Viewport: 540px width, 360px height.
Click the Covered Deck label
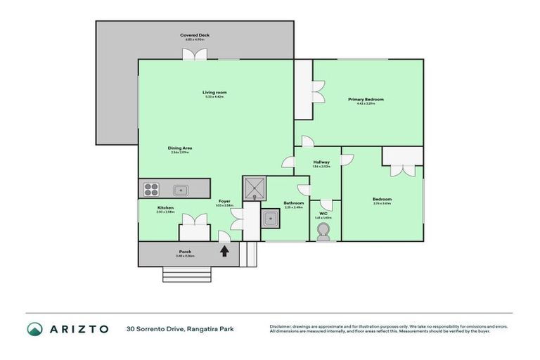(195, 35)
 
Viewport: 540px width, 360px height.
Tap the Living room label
(214, 93)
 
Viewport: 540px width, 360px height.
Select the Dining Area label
(180, 148)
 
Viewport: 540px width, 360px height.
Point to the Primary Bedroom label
(366, 100)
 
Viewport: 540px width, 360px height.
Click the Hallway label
(321, 162)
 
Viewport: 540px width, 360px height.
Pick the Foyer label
(224, 201)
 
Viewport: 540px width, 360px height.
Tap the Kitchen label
(165, 207)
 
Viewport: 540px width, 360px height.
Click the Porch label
(185, 252)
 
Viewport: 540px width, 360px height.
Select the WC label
(323, 213)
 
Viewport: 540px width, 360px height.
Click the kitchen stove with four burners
(151, 188)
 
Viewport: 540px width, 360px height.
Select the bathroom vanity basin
(269, 219)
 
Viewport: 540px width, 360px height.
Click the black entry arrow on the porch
(224, 250)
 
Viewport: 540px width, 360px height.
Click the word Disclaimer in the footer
(282, 326)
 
